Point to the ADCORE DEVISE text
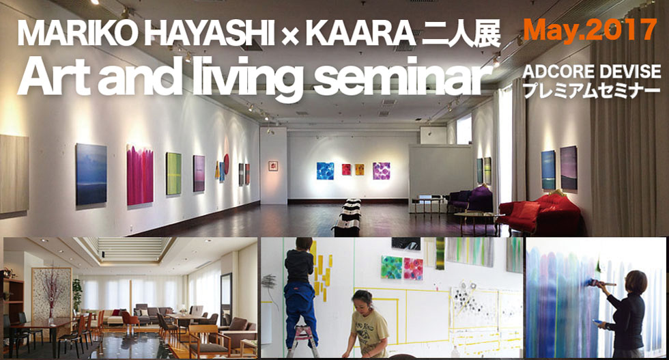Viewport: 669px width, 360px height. click(x=591, y=71)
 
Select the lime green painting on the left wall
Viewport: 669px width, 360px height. click(x=173, y=174)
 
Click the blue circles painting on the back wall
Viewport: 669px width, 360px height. click(x=325, y=171)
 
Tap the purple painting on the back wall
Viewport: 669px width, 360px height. click(x=381, y=171)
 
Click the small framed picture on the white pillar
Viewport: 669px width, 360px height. click(x=273, y=166)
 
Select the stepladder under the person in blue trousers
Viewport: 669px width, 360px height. click(x=302, y=341)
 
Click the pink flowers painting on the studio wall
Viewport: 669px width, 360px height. click(x=413, y=268)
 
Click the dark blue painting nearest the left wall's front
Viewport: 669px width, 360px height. click(x=91, y=174)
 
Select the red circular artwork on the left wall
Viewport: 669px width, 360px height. click(x=227, y=164)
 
